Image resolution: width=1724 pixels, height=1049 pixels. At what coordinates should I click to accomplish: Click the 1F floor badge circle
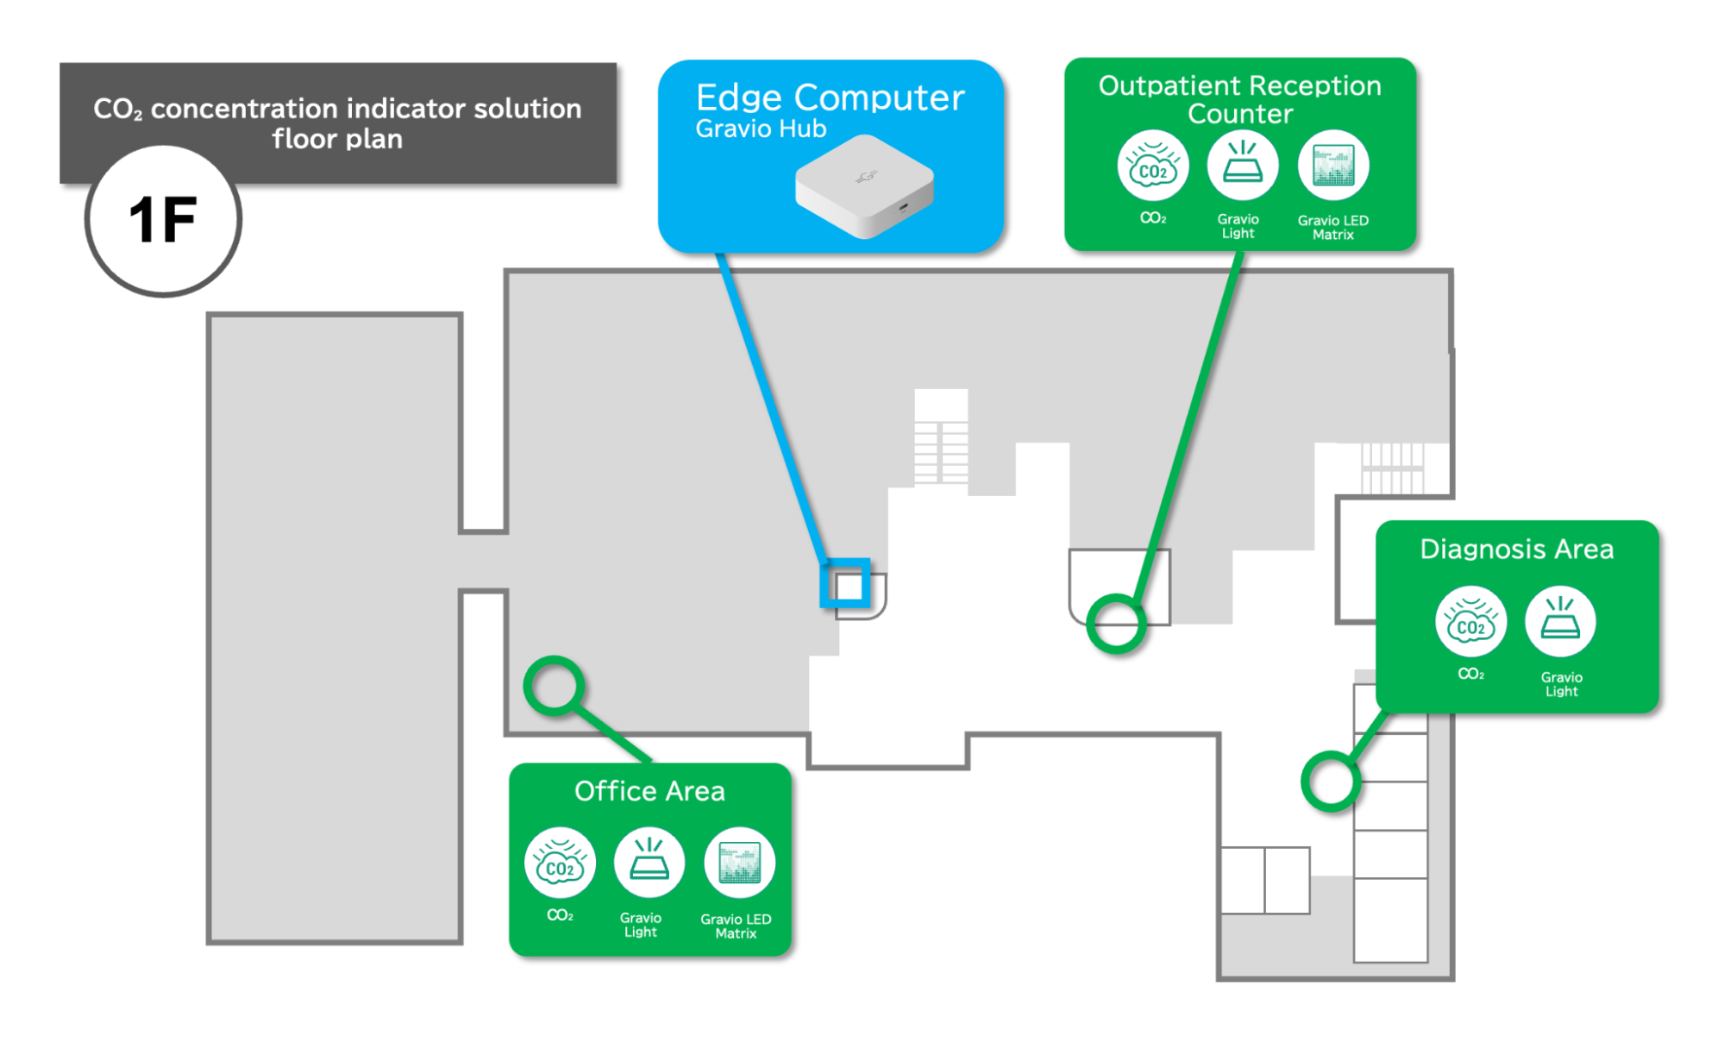163,220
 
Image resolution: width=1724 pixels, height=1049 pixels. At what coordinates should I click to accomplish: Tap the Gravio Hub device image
864,185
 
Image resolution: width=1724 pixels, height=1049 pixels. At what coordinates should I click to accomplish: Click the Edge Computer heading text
830,97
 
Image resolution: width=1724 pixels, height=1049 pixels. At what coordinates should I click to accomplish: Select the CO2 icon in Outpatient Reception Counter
1152,166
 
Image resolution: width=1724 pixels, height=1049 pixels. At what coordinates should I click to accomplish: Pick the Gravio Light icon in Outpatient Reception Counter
1242,166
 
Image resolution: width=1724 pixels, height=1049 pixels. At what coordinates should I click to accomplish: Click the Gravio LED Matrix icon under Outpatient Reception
1333,166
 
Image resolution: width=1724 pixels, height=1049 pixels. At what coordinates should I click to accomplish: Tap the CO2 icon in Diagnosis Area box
1470,622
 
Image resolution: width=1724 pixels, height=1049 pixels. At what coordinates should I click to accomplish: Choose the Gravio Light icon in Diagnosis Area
1560,622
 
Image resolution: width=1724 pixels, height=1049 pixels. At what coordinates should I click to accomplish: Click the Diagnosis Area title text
1516,550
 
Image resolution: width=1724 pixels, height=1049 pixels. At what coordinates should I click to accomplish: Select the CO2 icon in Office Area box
560,864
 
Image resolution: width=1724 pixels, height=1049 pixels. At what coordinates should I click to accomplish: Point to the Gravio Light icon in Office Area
649,864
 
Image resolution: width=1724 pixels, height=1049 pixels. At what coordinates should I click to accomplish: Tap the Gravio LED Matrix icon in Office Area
739,864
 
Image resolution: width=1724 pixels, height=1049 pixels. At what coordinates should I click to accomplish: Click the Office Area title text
649,791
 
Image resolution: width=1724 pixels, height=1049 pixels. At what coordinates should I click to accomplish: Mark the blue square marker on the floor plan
846,584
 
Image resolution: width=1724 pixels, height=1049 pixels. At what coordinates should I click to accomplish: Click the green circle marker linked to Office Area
554,686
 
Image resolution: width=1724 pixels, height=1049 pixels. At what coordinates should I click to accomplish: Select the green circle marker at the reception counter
1116,623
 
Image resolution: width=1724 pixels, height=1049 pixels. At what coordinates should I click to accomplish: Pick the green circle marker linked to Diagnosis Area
1331,781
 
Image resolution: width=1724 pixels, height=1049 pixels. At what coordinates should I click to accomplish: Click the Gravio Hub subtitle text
761,129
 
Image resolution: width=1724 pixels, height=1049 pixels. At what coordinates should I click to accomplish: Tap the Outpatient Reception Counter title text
1239,99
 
